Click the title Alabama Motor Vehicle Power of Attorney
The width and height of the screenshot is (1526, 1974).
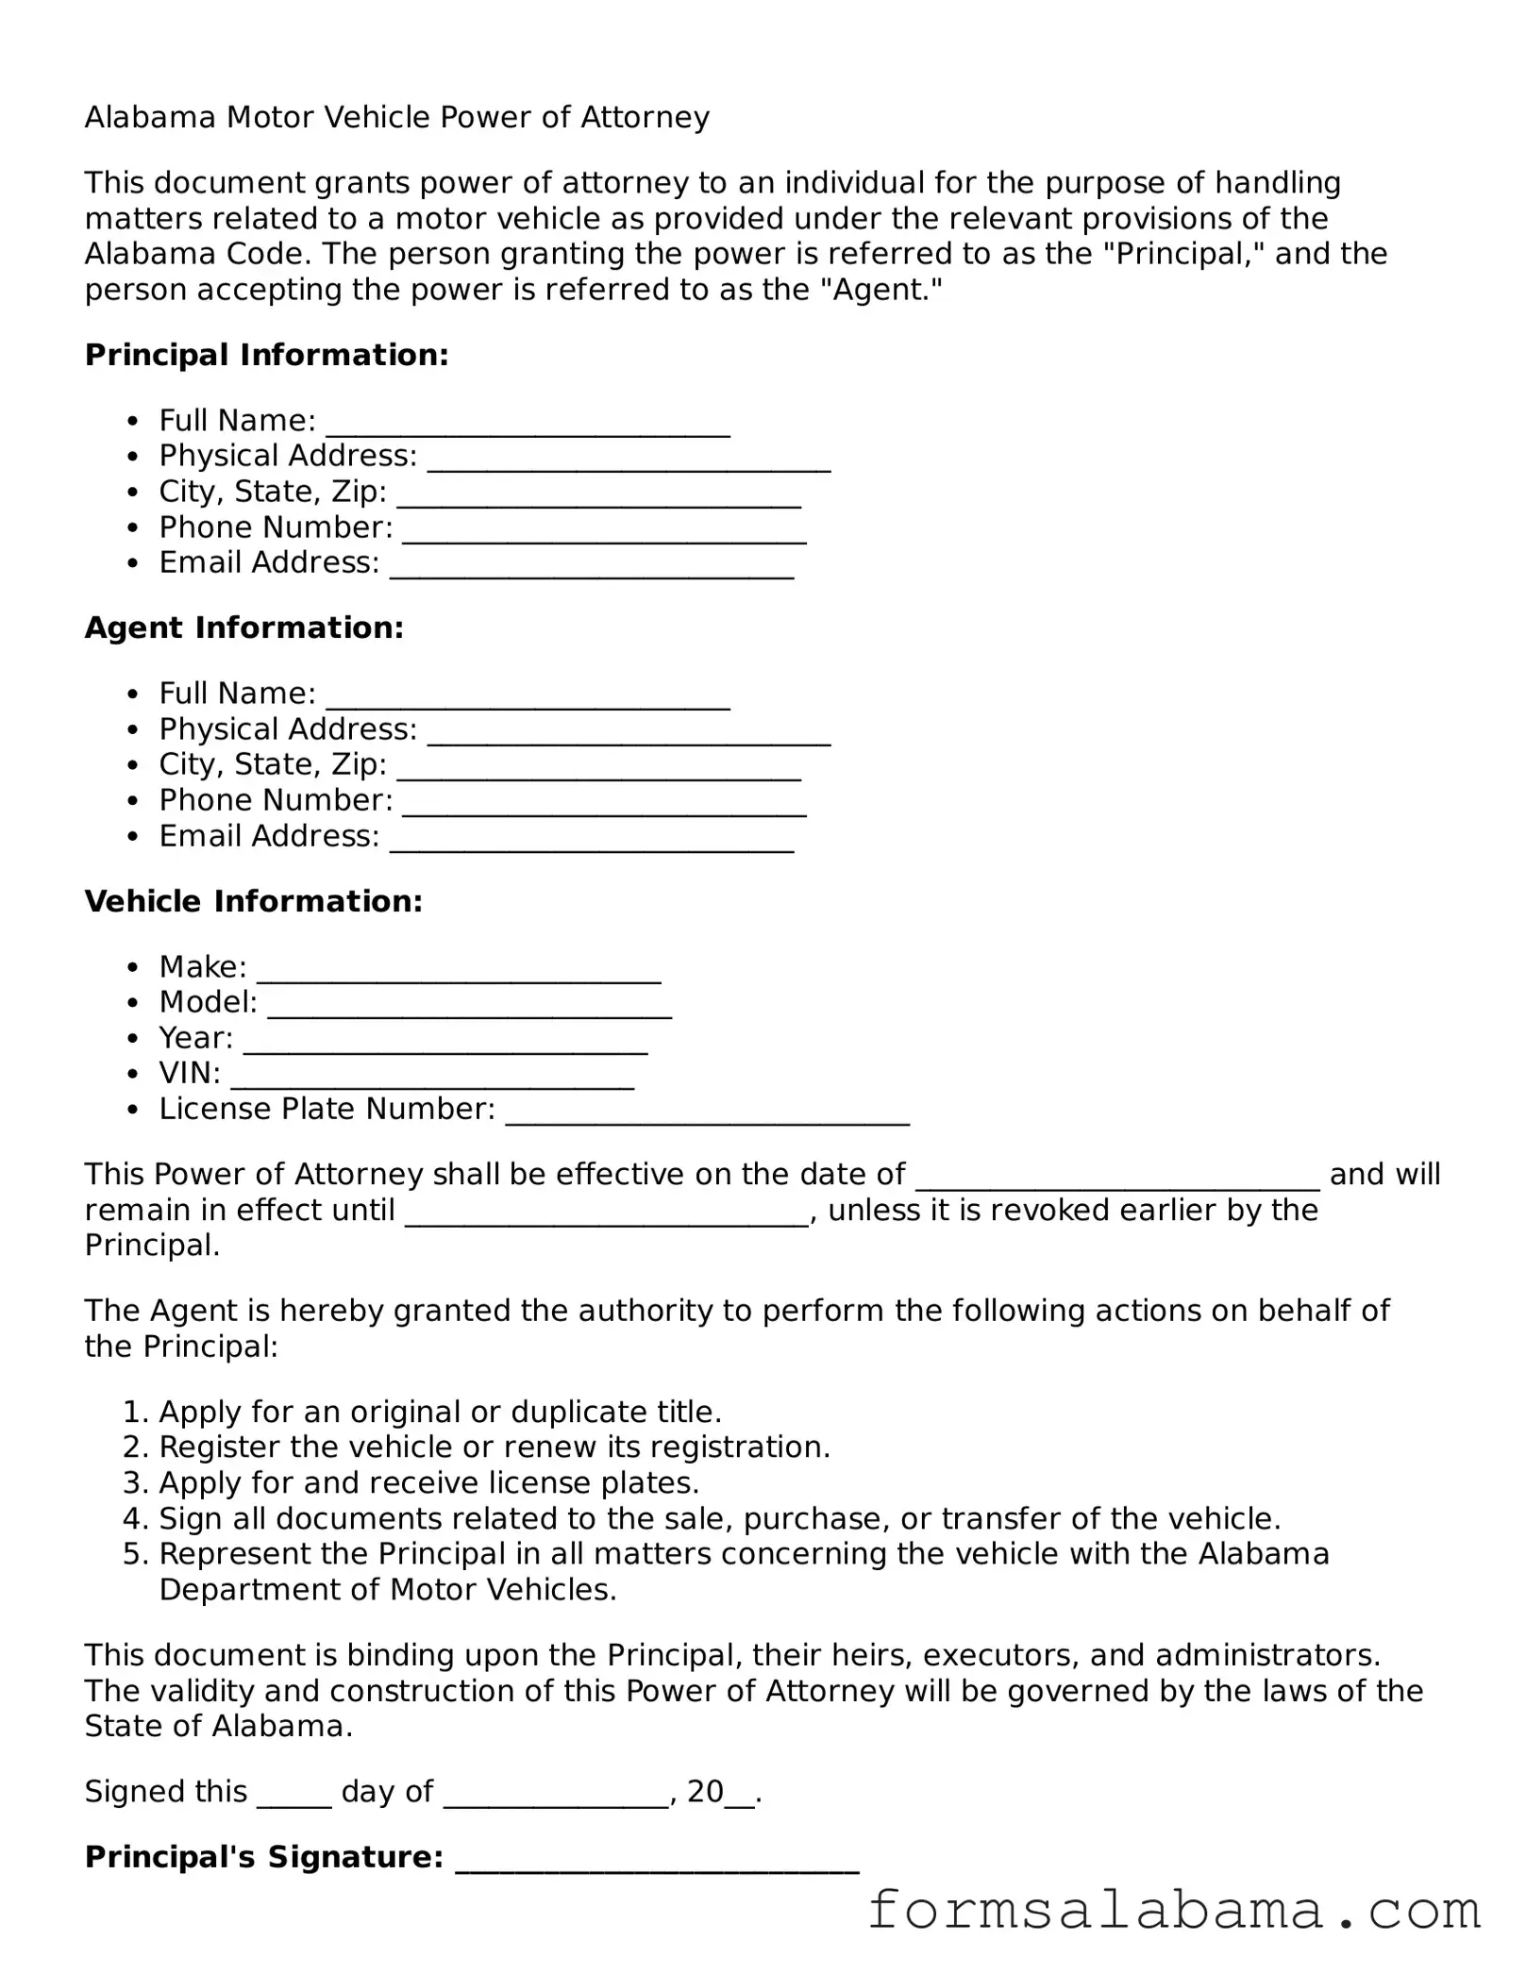[396, 117]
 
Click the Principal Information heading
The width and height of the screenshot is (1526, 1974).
[266, 355]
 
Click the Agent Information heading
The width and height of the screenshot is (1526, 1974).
[243, 627]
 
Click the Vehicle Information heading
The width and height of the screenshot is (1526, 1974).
[253, 901]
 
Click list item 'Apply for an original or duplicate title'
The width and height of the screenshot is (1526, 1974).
[440, 1412]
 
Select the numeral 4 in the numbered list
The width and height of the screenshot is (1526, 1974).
[132, 1518]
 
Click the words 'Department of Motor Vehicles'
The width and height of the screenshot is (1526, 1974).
[387, 1590]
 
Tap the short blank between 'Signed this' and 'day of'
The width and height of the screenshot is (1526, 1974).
[293, 1792]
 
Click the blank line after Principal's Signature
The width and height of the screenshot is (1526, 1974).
[657, 1858]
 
